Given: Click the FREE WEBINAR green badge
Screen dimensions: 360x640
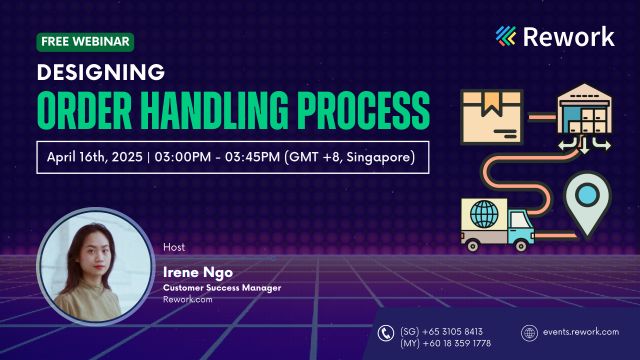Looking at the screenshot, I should pyautogui.click(x=85, y=42).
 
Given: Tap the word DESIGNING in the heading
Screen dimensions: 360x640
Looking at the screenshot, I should pyautogui.click(x=100, y=71).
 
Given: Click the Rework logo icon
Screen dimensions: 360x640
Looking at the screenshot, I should pyautogui.click(x=508, y=37).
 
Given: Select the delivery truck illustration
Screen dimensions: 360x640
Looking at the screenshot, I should pyautogui.click(x=497, y=222).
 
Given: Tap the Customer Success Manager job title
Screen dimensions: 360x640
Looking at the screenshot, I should pyautogui.click(x=222, y=288).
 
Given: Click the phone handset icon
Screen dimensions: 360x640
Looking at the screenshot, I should pyautogui.click(x=386, y=334).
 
